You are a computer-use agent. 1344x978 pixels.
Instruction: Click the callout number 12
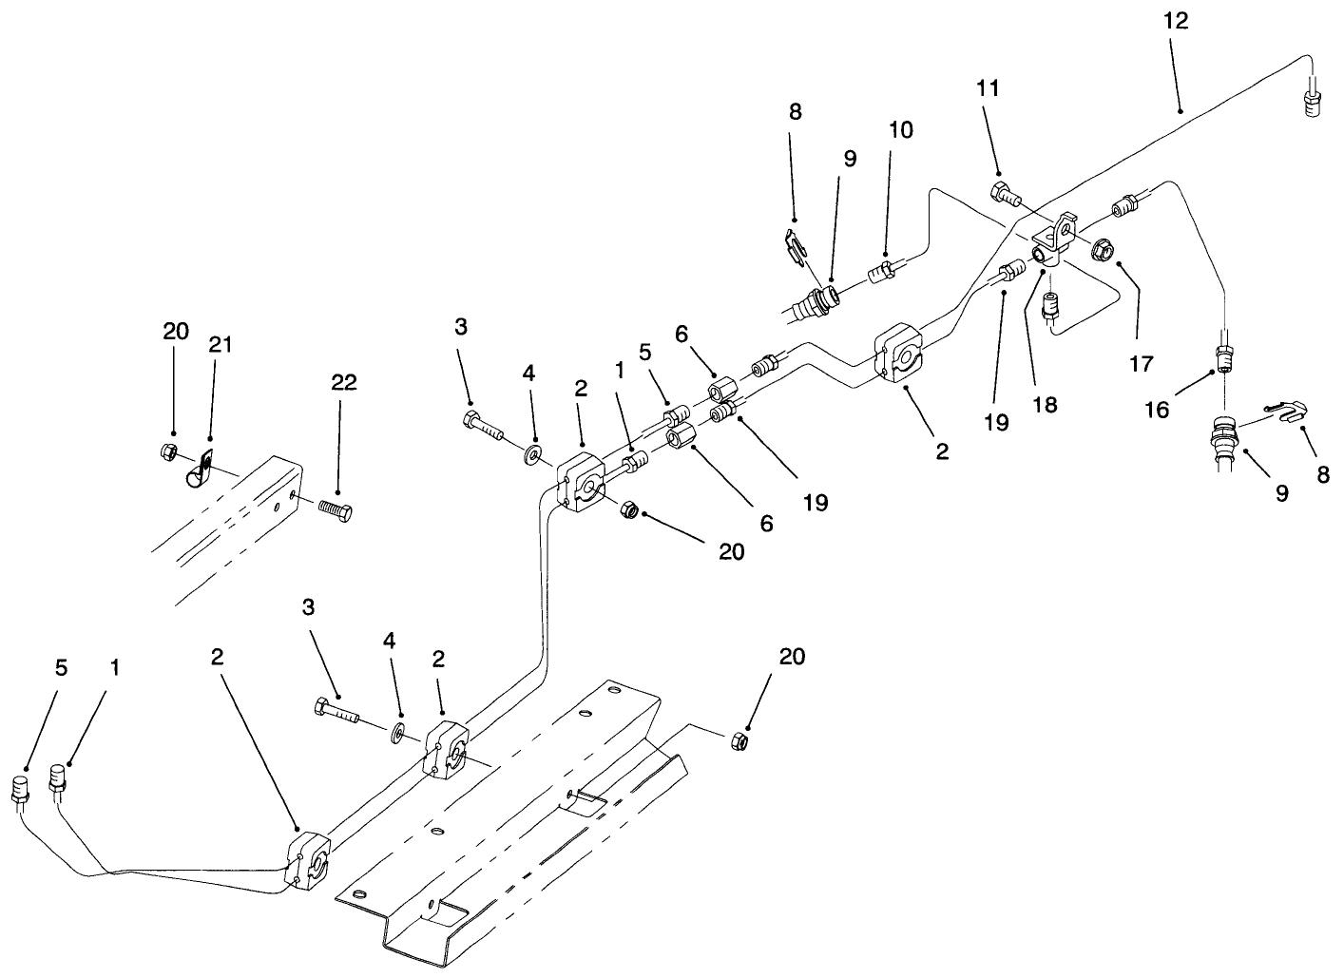1176,20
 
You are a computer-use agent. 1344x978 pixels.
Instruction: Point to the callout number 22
344,382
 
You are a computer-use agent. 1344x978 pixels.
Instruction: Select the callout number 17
1140,362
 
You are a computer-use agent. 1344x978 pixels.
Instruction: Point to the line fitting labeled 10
881,272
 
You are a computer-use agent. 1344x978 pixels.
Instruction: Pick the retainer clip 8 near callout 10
795,243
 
